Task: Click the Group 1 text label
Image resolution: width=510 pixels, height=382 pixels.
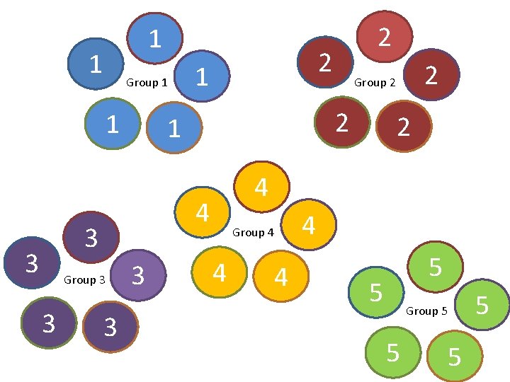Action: pos(147,83)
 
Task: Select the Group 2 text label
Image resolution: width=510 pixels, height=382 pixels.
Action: pos(375,83)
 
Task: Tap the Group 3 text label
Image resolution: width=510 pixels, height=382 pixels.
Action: pos(84,280)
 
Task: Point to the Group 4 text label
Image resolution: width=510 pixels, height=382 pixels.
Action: pos(253,232)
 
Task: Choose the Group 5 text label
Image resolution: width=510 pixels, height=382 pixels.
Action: pos(426,311)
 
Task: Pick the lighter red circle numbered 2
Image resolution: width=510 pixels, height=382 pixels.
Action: pos(384,36)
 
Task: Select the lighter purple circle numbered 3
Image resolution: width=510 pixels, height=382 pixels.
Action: pos(139,274)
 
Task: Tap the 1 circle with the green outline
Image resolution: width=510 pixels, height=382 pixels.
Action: pos(112,124)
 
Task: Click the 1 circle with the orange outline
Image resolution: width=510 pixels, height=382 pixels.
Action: pos(174,129)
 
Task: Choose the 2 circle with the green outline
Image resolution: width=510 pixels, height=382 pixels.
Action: pos(342,122)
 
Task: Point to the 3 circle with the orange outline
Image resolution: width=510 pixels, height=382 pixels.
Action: pos(110,326)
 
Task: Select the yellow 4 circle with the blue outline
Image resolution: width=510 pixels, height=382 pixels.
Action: pos(202,212)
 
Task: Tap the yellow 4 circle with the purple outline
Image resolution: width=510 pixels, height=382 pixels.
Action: pos(308,224)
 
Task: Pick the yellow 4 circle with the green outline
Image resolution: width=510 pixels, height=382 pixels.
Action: pos(220,272)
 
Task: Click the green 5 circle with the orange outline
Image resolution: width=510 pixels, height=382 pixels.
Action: pos(455,357)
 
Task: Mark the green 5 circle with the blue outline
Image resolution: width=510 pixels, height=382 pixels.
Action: pos(376,291)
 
